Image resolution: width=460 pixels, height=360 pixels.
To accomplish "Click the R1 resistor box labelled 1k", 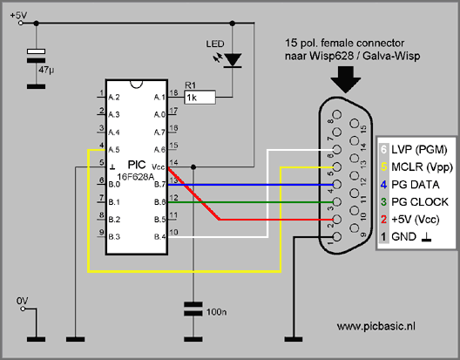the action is (x=200, y=98).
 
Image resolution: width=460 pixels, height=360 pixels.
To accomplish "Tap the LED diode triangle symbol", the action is (x=233, y=60).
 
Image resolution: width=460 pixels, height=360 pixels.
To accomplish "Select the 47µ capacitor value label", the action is (x=46, y=71).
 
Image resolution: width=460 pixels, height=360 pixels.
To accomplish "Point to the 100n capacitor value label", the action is (x=216, y=312).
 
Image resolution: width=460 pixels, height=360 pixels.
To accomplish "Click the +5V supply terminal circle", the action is (x=21, y=23).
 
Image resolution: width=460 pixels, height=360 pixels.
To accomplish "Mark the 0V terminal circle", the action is (x=23, y=309).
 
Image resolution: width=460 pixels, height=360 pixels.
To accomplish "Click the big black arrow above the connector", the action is (x=346, y=79).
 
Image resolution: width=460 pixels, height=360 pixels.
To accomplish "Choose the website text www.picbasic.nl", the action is (x=376, y=326).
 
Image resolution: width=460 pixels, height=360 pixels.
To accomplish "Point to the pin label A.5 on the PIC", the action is (x=114, y=150).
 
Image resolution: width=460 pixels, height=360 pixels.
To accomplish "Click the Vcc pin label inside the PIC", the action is (x=159, y=167).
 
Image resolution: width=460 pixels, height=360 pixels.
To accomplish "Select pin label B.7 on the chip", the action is (x=160, y=185).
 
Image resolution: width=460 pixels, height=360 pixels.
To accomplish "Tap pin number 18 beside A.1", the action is (x=173, y=92).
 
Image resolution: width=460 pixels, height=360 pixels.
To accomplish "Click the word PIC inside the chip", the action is (x=137, y=165).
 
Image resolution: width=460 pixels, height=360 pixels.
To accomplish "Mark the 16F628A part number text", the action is (x=136, y=177).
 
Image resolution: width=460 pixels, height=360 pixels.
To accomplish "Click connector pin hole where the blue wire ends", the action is (x=337, y=185).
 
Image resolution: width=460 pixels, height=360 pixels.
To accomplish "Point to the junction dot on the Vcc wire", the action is (x=193, y=167).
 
